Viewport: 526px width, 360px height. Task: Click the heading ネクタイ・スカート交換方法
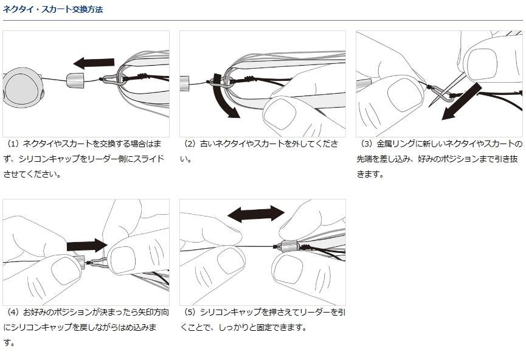coord(53,9)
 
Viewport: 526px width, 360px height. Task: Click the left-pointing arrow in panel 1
coord(94,63)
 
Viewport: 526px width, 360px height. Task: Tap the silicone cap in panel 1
coord(75,80)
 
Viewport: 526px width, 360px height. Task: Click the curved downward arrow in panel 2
coord(224,96)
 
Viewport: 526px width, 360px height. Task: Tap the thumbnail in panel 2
coord(280,115)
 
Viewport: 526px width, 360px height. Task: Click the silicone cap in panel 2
coord(185,84)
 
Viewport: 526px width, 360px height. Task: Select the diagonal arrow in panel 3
coord(462,102)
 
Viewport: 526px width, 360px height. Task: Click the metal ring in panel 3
coord(443,93)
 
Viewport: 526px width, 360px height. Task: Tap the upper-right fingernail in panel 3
coord(482,64)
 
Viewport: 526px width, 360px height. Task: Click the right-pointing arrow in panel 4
coord(87,246)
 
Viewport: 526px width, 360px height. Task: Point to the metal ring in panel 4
coord(98,263)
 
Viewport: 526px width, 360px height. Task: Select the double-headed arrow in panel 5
coord(256,213)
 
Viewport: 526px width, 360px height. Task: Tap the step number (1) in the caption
coord(14,144)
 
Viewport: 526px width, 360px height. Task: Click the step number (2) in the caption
coord(190,144)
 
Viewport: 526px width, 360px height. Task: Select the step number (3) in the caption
coord(367,144)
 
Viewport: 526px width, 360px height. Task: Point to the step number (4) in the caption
coord(14,313)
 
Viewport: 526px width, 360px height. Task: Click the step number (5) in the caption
coord(190,313)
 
